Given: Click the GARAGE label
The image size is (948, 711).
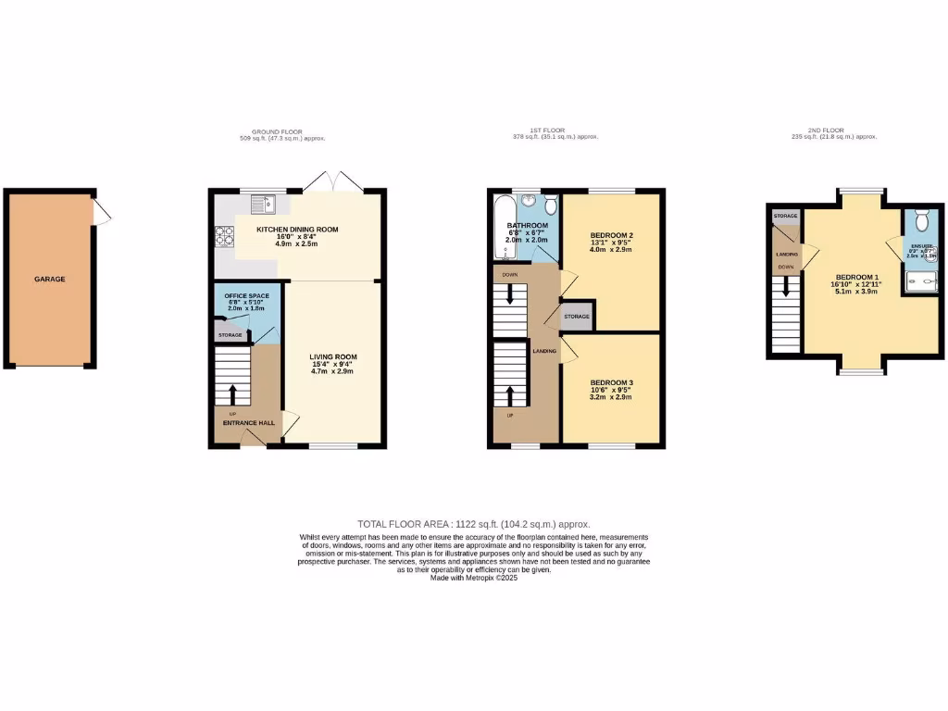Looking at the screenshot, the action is (49, 279).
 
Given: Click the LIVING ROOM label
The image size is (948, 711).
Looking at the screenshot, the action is (333, 357).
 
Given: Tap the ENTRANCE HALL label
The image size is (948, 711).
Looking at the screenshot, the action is (247, 423).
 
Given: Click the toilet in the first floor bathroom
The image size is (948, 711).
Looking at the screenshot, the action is (550, 206).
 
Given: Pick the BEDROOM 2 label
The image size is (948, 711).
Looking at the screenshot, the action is (611, 236).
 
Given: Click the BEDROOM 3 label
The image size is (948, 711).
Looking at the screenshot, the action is (611, 382).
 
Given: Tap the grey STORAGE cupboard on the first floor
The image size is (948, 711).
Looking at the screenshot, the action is (577, 316).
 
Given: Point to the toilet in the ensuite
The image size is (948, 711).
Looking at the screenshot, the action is (920, 220).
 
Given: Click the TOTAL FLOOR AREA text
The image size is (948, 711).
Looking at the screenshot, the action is (473, 524).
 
